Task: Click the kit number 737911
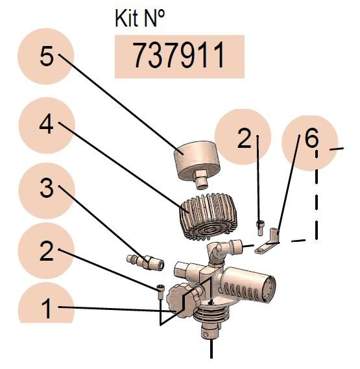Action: pyautogui.click(x=179, y=56)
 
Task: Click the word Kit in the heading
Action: pyautogui.click(x=126, y=19)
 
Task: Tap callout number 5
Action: pyautogui.click(x=47, y=56)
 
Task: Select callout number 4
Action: pyautogui.click(x=47, y=125)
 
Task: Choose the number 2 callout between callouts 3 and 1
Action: pyautogui.click(x=47, y=251)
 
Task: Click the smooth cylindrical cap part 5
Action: pyautogui.click(x=197, y=163)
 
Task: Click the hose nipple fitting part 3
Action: pyautogui.click(x=145, y=262)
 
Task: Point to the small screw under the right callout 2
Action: pyautogui.click(x=260, y=228)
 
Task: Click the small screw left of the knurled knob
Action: pyautogui.click(x=160, y=292)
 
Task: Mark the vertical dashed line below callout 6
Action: pyautogui.click(x=317, y=195)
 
